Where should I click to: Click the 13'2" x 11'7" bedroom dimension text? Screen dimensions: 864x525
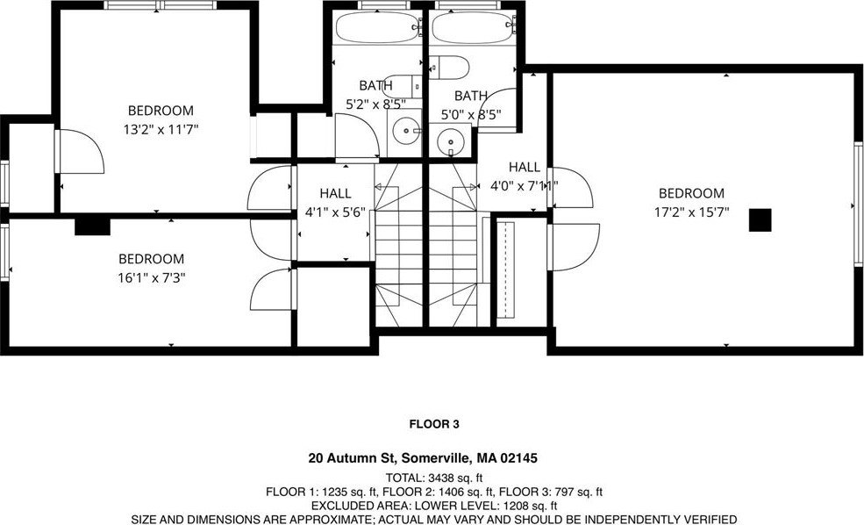coord(161,130)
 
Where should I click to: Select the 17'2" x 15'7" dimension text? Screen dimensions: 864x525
coord(691,212)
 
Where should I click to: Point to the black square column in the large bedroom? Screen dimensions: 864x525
coord(760,220)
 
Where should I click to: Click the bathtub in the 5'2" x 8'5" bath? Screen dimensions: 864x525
coord(378,27)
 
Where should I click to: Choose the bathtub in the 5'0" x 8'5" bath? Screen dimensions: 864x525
coord(474,27)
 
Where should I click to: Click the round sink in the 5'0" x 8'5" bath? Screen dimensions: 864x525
coord(451,141)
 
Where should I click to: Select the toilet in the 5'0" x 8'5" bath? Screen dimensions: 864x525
coord(448,68)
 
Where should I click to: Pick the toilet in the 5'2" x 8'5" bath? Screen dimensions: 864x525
coord(402,87)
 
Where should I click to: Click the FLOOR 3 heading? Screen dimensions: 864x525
coord(434,424)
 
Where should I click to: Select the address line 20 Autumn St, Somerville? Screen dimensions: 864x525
coord(423,457)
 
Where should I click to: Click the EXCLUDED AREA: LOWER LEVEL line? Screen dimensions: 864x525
coord(434,506)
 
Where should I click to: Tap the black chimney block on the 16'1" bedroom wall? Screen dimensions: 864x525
coord(93,227)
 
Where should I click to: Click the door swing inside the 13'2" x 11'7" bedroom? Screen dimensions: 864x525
coord(81,151)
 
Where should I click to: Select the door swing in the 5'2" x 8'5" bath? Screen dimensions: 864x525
coord(357,136)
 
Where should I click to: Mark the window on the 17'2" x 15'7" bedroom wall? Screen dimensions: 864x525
coord(859,204)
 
